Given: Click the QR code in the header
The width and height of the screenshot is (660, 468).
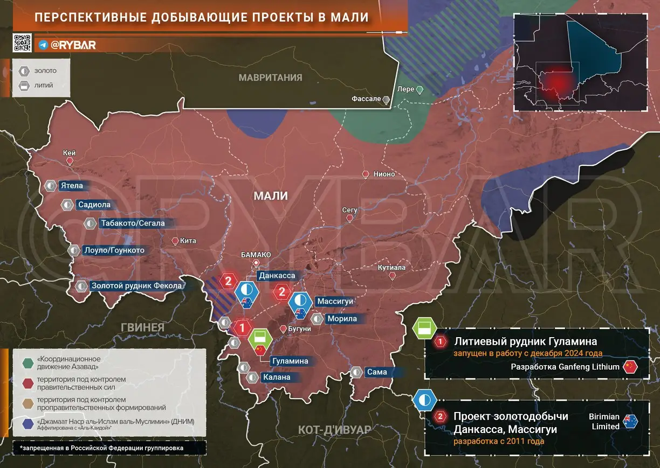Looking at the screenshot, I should [x=23, y=43].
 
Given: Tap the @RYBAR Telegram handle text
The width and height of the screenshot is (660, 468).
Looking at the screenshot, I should [x=73, y=45].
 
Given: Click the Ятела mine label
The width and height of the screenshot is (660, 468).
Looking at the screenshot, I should [x=72, y=186].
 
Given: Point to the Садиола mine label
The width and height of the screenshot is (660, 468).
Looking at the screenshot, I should [x=94, y=205].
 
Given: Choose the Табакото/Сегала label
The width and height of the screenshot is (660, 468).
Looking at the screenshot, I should [x=132, y=223].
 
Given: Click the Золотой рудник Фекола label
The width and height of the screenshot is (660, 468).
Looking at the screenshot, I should [x=136, y=286].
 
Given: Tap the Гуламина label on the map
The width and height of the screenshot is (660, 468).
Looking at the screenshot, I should [x=290, y=361].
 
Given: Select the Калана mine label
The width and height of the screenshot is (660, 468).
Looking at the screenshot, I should [x=277, y=377].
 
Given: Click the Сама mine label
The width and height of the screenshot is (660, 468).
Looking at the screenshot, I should [x=376, y=372].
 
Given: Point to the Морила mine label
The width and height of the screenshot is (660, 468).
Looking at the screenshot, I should [x=342, y=319].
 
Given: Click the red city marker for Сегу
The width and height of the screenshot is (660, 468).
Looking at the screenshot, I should [x=349, y=218].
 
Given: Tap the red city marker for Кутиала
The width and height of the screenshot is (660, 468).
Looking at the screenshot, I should [x=392, y=275].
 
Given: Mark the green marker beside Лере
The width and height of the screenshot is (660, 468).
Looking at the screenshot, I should [x=420, y=89].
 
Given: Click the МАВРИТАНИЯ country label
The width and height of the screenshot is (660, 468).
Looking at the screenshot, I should [x=271, y=78].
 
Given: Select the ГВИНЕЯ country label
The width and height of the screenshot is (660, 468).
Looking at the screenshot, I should [x=142, y=326].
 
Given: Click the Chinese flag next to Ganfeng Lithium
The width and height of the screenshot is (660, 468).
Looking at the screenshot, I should [x=630, y=367].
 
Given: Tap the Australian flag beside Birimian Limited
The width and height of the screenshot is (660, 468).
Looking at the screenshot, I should [x=630, y=421].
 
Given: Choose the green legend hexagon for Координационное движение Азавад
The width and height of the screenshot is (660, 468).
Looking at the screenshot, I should [x=27, y=363].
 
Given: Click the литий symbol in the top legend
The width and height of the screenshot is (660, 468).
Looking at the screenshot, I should [x=24, y=85].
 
